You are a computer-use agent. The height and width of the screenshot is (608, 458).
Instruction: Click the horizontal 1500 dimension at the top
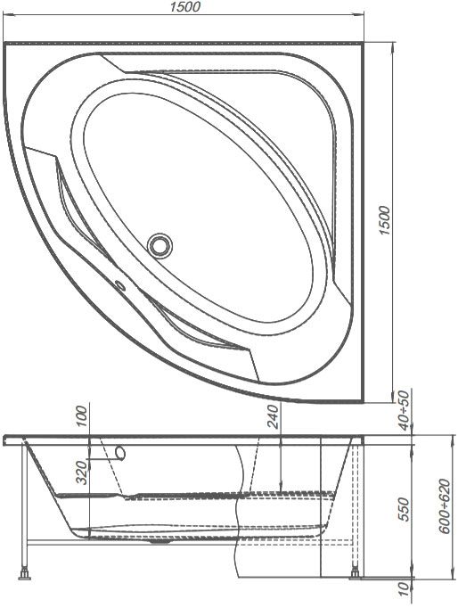coord(185,6)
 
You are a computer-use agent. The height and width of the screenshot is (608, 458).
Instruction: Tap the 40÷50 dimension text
coord(404,410)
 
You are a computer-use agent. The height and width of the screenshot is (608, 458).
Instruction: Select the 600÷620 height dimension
coord(446,506)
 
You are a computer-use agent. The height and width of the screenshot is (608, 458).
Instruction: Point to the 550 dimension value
coord(404,510)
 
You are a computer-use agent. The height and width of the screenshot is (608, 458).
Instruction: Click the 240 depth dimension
coord(274,416)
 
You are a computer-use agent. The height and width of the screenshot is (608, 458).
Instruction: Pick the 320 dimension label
coord(82,472)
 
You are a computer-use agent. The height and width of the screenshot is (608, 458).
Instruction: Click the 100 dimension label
coord(82,415)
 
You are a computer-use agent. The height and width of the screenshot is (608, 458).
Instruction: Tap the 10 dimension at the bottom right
coord(404,589)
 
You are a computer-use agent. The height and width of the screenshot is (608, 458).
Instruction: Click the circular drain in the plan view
coord(159,245)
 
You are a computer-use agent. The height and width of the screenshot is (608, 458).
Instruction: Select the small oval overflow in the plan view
coord(120,286)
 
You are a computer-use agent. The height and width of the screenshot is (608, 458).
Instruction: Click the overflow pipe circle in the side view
coord(121,453)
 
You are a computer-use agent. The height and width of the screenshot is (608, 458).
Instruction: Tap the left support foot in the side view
coord(25,574)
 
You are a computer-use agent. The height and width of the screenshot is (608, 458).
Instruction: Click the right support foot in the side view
coord(355,574)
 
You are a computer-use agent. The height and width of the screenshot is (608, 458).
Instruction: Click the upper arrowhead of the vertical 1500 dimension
coord(394,46)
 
